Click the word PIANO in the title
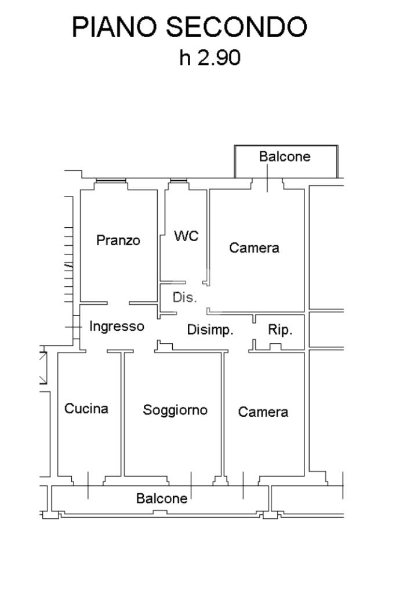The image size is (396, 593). (115, 28)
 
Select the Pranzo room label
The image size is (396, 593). (118, 240)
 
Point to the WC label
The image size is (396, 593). (186, 236)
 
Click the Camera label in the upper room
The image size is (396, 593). (254, 248)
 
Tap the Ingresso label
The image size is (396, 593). (117, 326)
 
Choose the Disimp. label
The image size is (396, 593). (210, 330)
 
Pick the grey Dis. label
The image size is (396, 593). (185, 298)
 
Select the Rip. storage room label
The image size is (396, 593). (280, 330)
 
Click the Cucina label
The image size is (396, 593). (86, 409)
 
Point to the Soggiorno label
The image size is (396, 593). (175, 410)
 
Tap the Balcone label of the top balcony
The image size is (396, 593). (285, 157)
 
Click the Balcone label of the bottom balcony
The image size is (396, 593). (162, 498)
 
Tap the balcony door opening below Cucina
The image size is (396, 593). (88, 481)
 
